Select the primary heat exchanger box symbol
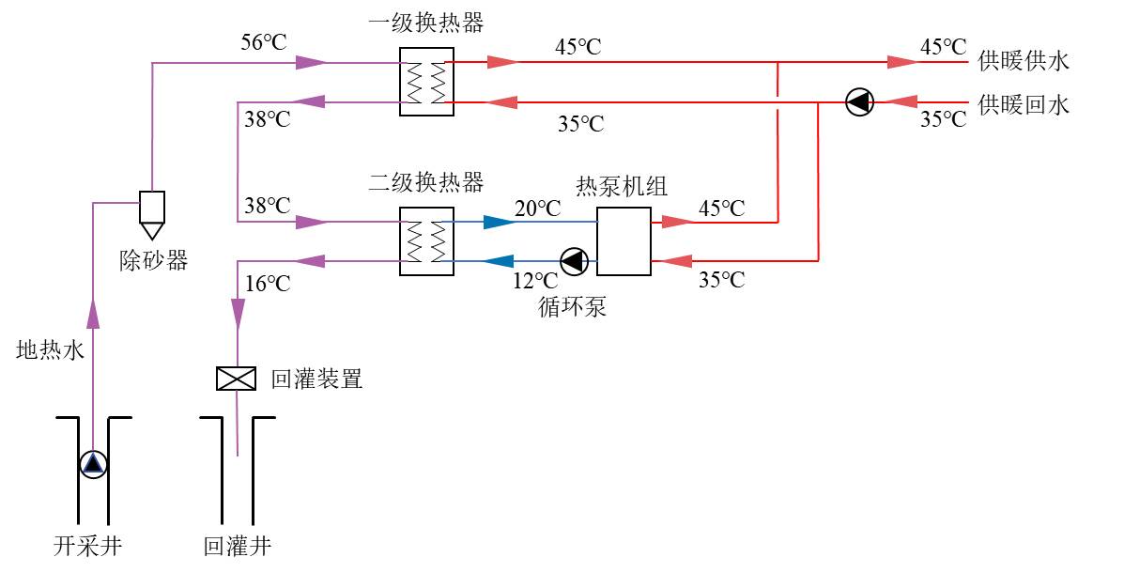[x=425, y=81]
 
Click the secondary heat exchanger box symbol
[x=425, y=240]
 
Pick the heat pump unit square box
[x=624, y=240]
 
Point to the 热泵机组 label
[x=621, y=185]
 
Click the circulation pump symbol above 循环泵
[x=573, y=261]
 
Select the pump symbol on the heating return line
[x=859, y=101]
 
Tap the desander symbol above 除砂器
[x=152, y=212]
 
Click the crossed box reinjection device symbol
[x=237, y=379]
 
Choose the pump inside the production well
[x=93, y=463]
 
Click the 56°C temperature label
[x=263, y=43]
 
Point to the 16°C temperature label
[x=268, y=283]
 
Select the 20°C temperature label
[x=537, y=207]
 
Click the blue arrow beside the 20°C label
[x=498, y=223]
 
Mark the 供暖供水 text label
[x=1023, y=62]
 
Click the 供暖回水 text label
[x=1023, y=103]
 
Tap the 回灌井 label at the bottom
[x=237, y=546]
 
